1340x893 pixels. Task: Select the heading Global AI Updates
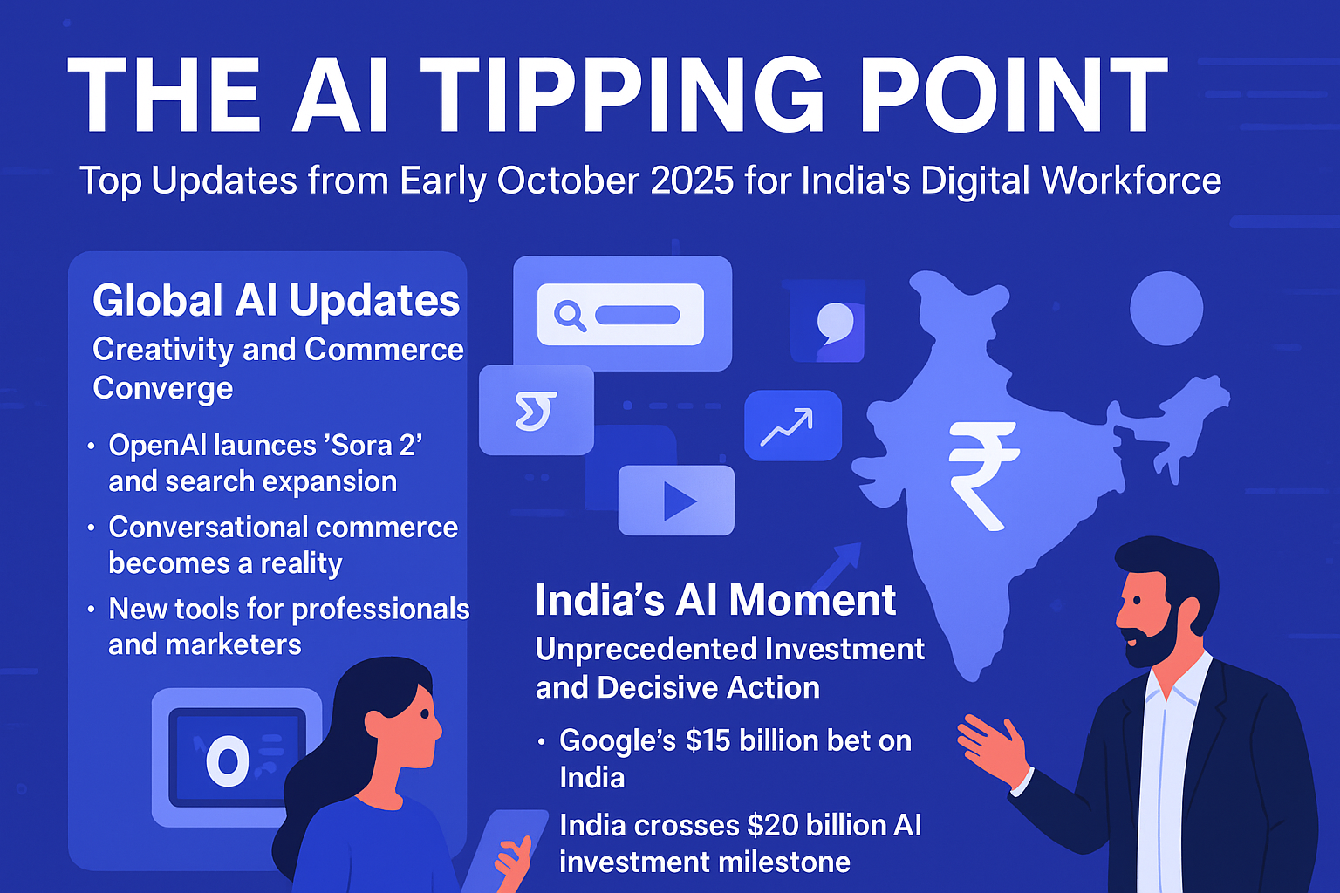pos(276,301)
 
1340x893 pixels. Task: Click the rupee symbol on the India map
pos(982,475)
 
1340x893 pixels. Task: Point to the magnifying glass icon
pos(570,315)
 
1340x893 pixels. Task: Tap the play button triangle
pos(679,501)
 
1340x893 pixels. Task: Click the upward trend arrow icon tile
pos(792,426)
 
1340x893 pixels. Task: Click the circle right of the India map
pos(1166,308)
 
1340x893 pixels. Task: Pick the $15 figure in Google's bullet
pos(708,740)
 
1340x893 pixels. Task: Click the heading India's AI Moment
pos(715,601)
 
